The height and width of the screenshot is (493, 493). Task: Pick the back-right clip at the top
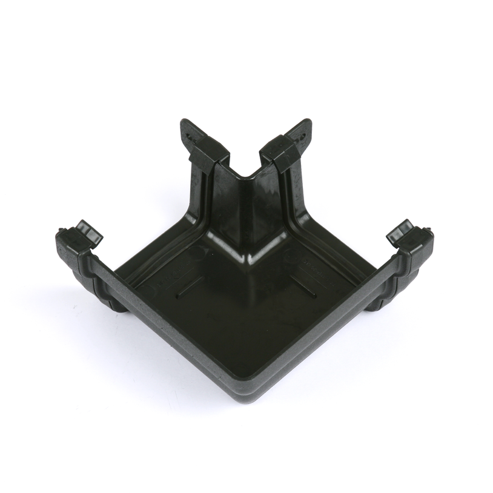point(280,151)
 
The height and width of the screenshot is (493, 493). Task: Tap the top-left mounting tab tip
point(185,124)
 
